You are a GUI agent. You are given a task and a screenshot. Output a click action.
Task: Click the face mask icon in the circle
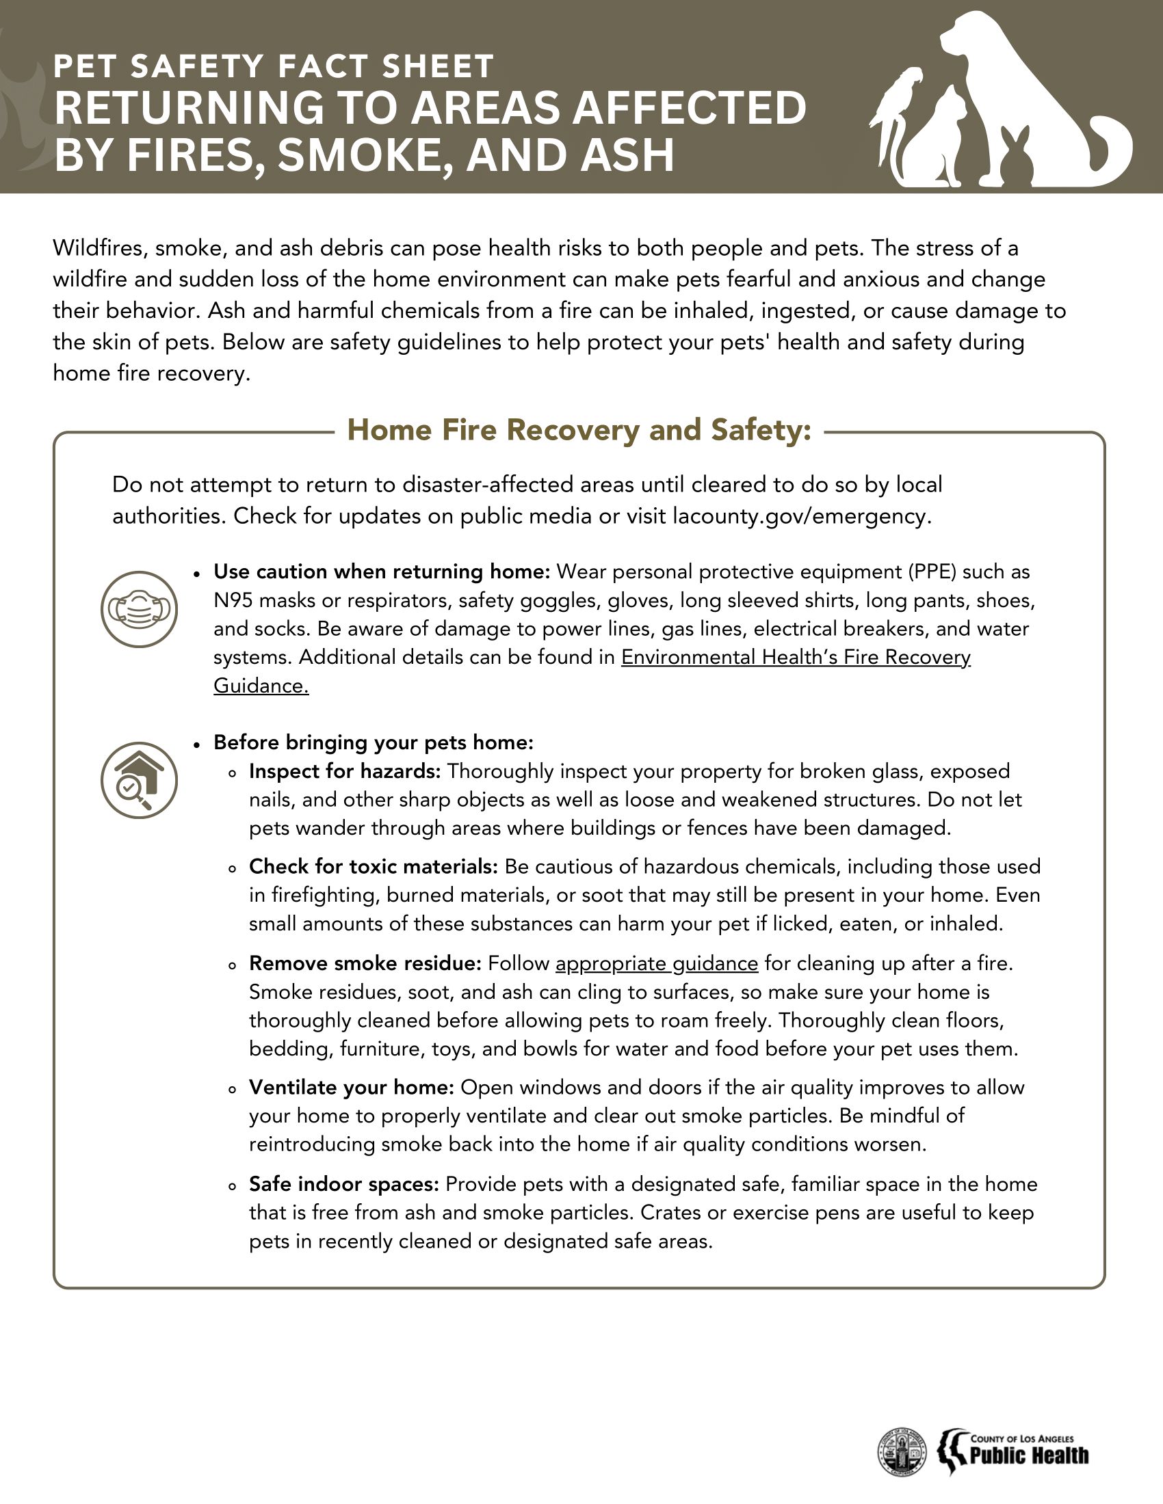coord(139,609)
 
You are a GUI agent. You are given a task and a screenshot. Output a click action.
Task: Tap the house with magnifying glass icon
coord(139,780)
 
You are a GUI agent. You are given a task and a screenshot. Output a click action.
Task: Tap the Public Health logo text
coord(1029,1455)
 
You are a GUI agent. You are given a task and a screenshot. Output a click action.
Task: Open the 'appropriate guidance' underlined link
coord(657,963)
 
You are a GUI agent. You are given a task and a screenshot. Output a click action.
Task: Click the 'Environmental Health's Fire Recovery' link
coord(796,657)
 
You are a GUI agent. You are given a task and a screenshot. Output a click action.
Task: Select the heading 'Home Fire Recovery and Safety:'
coord(579,430)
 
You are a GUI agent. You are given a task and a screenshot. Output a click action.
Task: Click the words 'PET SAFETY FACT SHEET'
coord(274,67)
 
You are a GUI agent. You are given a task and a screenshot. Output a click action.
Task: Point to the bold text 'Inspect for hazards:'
coord(345,771)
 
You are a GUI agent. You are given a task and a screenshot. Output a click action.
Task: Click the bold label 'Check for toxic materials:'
coord(374,866)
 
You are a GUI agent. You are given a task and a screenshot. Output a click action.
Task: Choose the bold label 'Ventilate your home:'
coord(352,1088)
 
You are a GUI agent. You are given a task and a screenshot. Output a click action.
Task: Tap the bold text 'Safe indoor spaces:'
coord(344,1184)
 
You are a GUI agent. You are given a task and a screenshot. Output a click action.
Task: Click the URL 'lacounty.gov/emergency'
coord(800,515)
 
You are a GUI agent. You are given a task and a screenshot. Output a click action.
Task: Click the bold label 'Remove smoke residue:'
coord(365,963)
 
